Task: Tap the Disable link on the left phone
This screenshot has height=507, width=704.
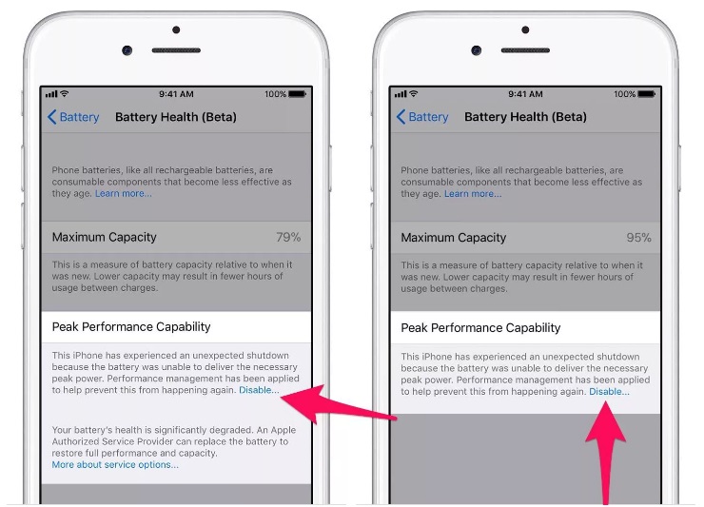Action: pos(259,390)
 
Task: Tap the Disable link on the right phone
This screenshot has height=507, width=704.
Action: pos(609,391)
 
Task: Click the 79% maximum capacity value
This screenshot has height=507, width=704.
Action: pos(288,237)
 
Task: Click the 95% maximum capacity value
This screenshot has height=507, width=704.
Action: pos(638,237)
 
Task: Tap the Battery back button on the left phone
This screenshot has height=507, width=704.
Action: pos(73,117)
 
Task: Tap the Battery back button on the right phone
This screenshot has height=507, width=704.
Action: pos(422,117)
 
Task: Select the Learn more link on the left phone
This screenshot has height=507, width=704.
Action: pos(124,193)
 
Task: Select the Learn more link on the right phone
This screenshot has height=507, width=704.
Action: pos(473,193)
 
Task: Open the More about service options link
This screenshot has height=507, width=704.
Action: pos(115,464)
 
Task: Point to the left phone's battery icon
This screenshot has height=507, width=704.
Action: pos(297,94)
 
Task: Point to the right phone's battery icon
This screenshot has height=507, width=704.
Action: pos(647,94)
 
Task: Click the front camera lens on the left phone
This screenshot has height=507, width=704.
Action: pos(127,49)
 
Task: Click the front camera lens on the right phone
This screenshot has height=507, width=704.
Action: pos(477,49)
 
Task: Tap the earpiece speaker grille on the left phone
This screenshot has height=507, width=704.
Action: pos(176,50)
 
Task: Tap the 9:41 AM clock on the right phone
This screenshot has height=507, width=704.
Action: pos(525,94)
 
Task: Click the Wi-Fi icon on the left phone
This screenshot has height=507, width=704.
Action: pos(64,93)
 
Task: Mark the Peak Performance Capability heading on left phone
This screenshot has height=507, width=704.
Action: pos(131,326)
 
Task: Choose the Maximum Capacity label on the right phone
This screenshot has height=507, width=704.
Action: pos(454,237)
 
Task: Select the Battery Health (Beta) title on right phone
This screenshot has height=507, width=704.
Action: pos(525,117)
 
